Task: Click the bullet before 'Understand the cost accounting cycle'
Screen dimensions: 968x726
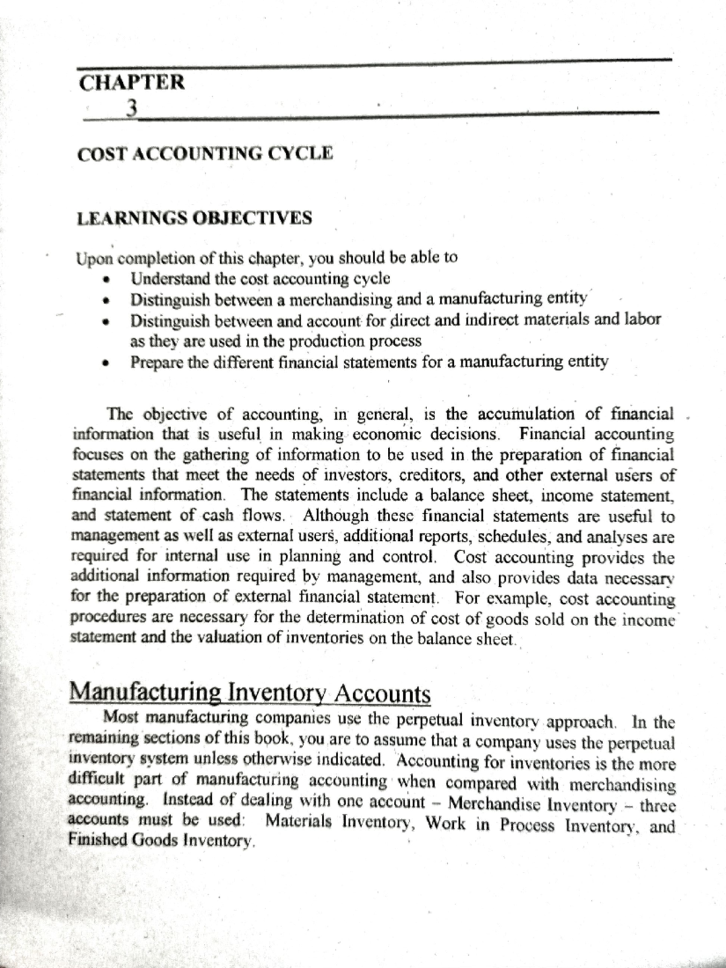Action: click(106, 280)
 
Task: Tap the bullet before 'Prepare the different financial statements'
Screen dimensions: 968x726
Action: click(106, 364)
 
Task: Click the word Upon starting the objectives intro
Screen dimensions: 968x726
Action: click(94, 259)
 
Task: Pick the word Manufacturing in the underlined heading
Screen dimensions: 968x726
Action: click(145, 692)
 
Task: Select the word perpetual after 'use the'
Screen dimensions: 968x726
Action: click(428, 720)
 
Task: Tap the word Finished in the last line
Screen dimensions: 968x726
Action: click(97, 840)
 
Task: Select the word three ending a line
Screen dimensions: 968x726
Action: click(657, 805)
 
